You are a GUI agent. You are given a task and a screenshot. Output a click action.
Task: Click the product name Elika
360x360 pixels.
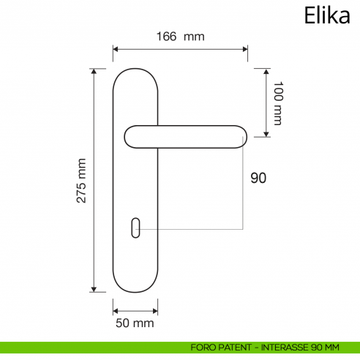[326, 16]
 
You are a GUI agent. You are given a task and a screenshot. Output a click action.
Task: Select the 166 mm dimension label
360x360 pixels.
[179, 36]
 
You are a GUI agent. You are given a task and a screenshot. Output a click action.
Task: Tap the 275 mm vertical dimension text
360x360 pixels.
[82, 180]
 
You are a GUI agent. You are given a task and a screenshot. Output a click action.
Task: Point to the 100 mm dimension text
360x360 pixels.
[277, 103]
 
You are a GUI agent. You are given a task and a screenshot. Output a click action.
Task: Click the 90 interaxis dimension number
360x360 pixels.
[258, 178]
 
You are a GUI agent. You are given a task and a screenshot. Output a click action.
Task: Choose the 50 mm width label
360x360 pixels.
[135, 322]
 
